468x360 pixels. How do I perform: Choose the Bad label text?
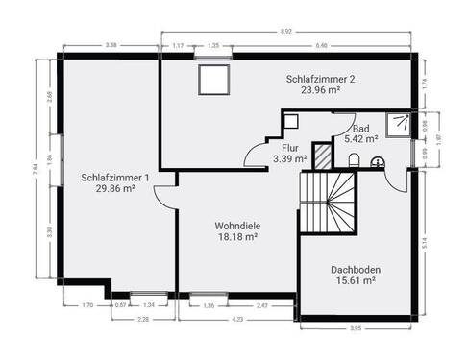coord(360,129)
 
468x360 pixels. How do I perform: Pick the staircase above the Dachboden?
coord(330,202)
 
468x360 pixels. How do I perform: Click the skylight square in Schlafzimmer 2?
coord(209,82)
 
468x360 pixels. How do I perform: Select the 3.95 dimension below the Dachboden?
coord(355,329)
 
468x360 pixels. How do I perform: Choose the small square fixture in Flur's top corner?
coord(291,121)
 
